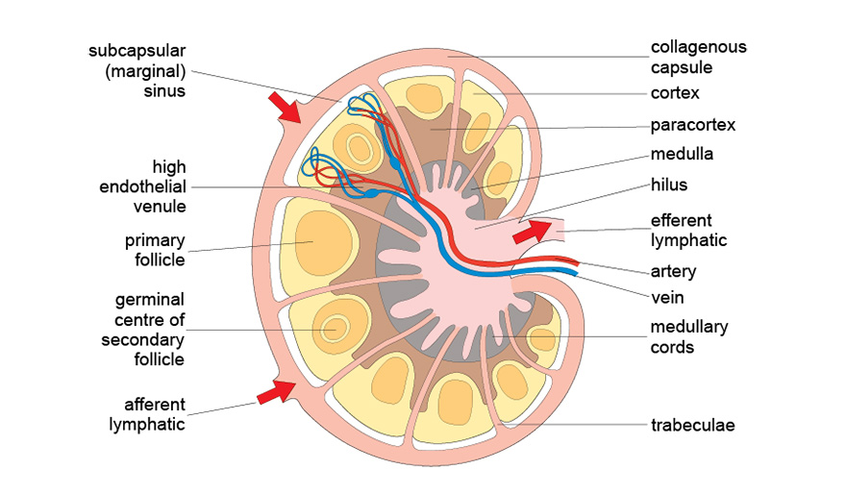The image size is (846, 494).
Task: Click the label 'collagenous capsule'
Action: tap(698, 57)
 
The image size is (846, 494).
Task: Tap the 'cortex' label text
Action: tap(674, 93)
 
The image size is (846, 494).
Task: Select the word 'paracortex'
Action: tap(692, 125)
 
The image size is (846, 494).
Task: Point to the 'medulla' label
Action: tap(682, 154)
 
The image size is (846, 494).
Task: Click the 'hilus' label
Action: tap(668, 185)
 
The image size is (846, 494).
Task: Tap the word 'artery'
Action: tap(673, 271)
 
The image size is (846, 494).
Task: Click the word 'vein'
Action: tap(667, 298)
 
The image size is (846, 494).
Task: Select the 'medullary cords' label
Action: tap(688, 337)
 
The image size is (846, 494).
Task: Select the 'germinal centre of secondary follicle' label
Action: tap(142, 329)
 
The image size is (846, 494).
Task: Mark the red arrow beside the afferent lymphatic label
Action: tap(276, 390)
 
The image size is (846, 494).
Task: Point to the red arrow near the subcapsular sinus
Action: tap(286, 106)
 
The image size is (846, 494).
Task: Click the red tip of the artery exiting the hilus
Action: tap(575, 260)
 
